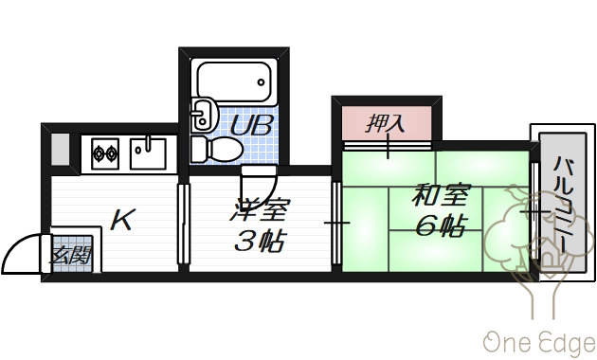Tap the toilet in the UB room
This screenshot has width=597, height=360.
217,149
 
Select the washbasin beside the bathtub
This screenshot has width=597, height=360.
204,115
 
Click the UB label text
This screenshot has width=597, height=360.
252,125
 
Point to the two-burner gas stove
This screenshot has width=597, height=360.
105,153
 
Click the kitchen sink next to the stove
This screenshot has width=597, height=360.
148,153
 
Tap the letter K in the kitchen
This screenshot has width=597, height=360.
122,220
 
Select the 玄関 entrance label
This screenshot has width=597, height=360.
72,256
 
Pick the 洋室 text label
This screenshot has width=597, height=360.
260,209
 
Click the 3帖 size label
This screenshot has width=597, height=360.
260,241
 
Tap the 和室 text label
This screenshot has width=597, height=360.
442,195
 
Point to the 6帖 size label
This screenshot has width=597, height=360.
442,225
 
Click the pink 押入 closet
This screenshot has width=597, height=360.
387,123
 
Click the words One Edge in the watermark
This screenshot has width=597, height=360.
539,342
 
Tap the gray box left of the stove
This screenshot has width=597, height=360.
61,149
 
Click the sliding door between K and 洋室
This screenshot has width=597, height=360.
184,224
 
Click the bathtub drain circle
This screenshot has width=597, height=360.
261,81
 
